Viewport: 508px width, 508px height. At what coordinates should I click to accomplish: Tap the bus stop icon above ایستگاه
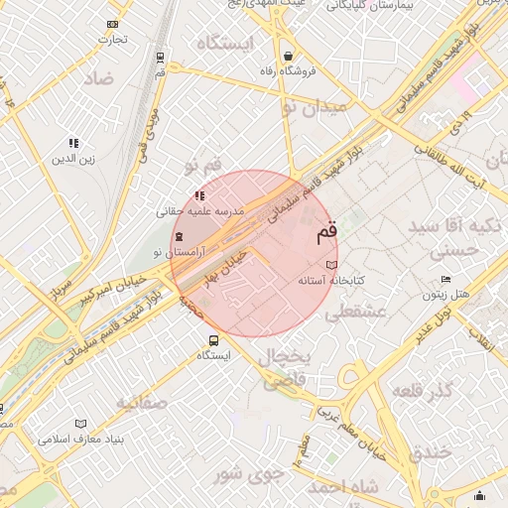click(213, 340)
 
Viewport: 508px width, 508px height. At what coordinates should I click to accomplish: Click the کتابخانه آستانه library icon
click(331, 266)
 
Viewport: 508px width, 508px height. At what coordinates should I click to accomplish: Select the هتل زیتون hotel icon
click(445, 279)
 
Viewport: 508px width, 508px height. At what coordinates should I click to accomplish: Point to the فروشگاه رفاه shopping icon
click(288, 56)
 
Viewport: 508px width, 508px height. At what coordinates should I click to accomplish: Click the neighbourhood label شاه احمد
click(343, 487)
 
